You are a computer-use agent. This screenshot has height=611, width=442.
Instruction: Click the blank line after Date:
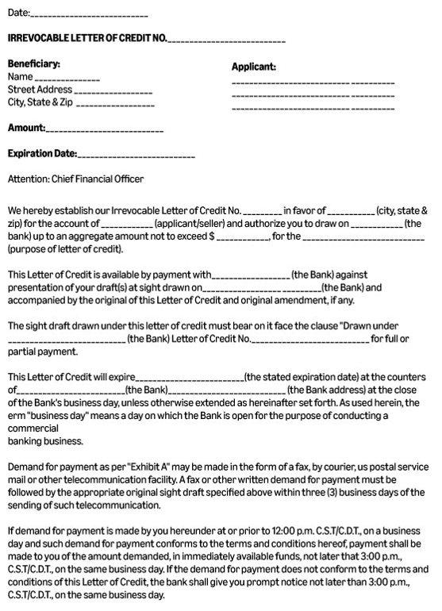pos(90,15)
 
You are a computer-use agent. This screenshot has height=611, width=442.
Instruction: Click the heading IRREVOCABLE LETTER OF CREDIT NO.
pos(87,38)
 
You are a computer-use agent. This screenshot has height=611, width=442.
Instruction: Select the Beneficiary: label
pos(34,63)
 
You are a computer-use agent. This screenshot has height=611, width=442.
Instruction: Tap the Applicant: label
pos(253,67)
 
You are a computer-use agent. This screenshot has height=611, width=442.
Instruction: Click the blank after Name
pos(67,78)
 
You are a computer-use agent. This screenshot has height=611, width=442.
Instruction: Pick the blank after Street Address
pos(114,90)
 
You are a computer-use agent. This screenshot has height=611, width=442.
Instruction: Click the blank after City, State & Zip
pos(116,103)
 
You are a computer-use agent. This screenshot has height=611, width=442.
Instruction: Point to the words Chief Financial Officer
pos(98,179)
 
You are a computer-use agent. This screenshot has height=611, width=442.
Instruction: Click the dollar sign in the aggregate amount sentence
pos(212,236)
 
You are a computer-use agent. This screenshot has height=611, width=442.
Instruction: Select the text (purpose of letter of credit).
pos(66,249)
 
